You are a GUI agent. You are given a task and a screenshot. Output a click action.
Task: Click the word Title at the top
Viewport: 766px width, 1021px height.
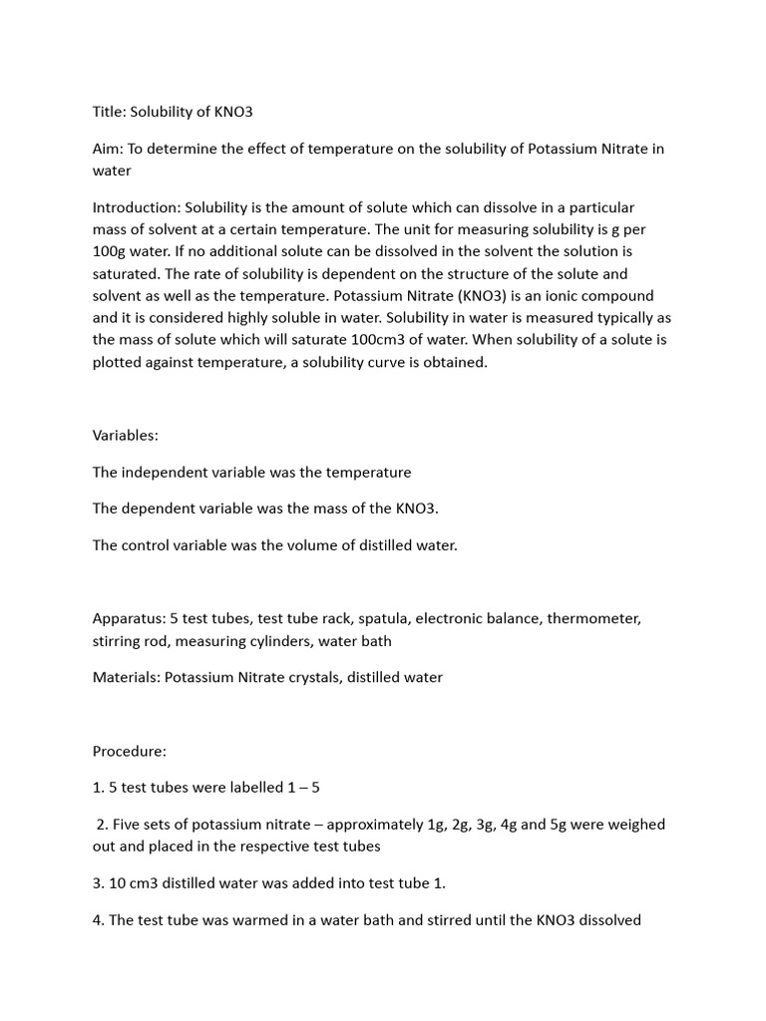coord(111,111)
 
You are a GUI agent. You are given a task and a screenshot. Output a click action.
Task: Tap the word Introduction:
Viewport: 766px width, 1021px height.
coord(141,207)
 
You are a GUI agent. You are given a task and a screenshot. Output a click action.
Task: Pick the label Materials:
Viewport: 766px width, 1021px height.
coord(127,677)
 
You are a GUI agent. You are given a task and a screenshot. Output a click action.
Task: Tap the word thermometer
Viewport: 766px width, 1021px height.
coord(595,618)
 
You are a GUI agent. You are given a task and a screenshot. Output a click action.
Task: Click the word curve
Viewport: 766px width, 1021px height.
coord(410,362)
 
